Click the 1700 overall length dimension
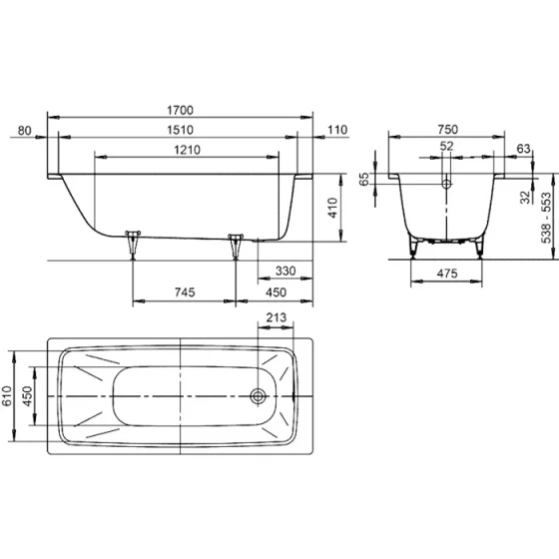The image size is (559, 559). pos(181,110)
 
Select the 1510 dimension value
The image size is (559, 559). pos(181,130)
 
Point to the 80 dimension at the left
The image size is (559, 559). pos(25,130)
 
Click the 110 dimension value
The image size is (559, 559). pos(334,130)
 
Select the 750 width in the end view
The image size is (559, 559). pos(446,129)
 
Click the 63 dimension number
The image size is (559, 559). pos(524,149)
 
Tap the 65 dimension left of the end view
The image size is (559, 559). pos(366,180)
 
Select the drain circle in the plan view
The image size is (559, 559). pos(259,395)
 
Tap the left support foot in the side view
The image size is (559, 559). pos(133,242)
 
